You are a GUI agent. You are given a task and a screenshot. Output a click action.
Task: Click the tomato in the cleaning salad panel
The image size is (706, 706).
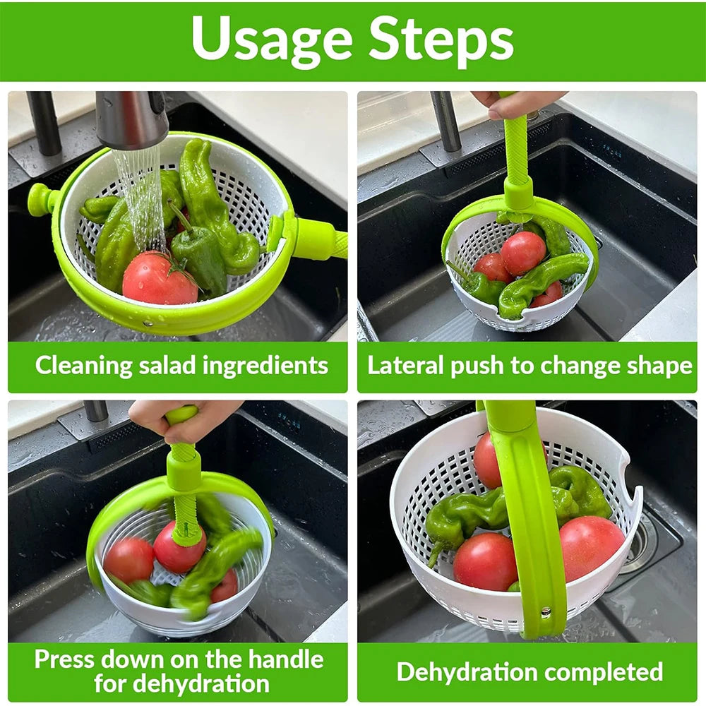(159, 279)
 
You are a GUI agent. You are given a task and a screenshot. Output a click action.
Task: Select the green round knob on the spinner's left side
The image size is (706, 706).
(40, 199)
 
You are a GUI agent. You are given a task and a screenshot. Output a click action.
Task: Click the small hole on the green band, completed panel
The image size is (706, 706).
(545, 611)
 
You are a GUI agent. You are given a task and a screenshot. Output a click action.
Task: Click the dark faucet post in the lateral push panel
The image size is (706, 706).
(446, 121)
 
